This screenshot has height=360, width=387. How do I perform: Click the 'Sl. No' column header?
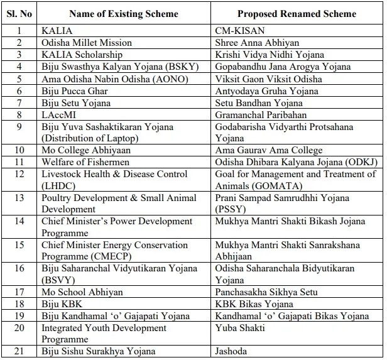19,14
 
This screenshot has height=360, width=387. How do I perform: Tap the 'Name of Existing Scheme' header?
124,14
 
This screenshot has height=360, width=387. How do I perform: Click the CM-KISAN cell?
240,31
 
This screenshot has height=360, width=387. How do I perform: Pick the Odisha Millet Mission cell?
87,43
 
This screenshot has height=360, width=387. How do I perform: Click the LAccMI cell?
58,114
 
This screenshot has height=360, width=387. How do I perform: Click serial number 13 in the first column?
19,198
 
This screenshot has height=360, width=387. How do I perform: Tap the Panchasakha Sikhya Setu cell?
266,292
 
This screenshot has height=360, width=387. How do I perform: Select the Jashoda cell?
231,351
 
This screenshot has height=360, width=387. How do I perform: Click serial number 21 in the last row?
19,351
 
